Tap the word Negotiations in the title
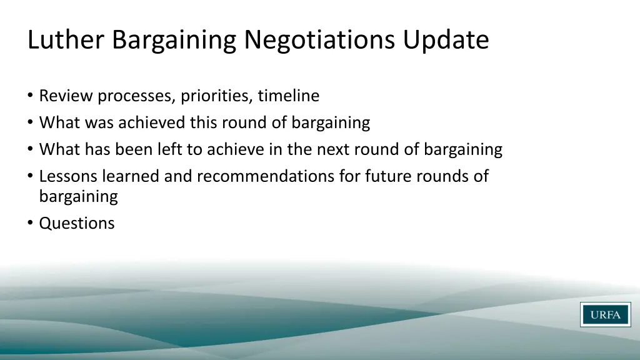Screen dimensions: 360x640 click(x=320, y=40)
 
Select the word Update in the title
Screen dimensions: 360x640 click(x=446, y=40)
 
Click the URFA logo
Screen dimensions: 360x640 click(x=605, y=314)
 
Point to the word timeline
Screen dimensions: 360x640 click(x=289, y=96)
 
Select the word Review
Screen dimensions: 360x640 click(x=66, y=96)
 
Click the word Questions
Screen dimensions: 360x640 click(x=77, y=223)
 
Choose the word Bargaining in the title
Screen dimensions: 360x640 click(x=175, y=40)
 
